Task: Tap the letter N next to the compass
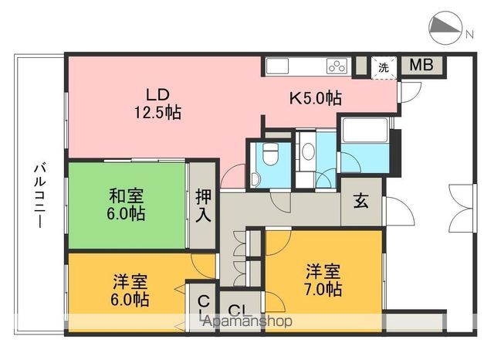pos(469,32)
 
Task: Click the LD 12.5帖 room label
pos(157,104)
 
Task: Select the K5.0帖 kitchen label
pos(316,98)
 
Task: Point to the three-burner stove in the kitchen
pos(337,66)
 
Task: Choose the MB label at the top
pos(421,65)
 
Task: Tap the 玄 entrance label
pos(360,202)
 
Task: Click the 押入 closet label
pos(202,206)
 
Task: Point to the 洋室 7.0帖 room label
pos(323,280)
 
